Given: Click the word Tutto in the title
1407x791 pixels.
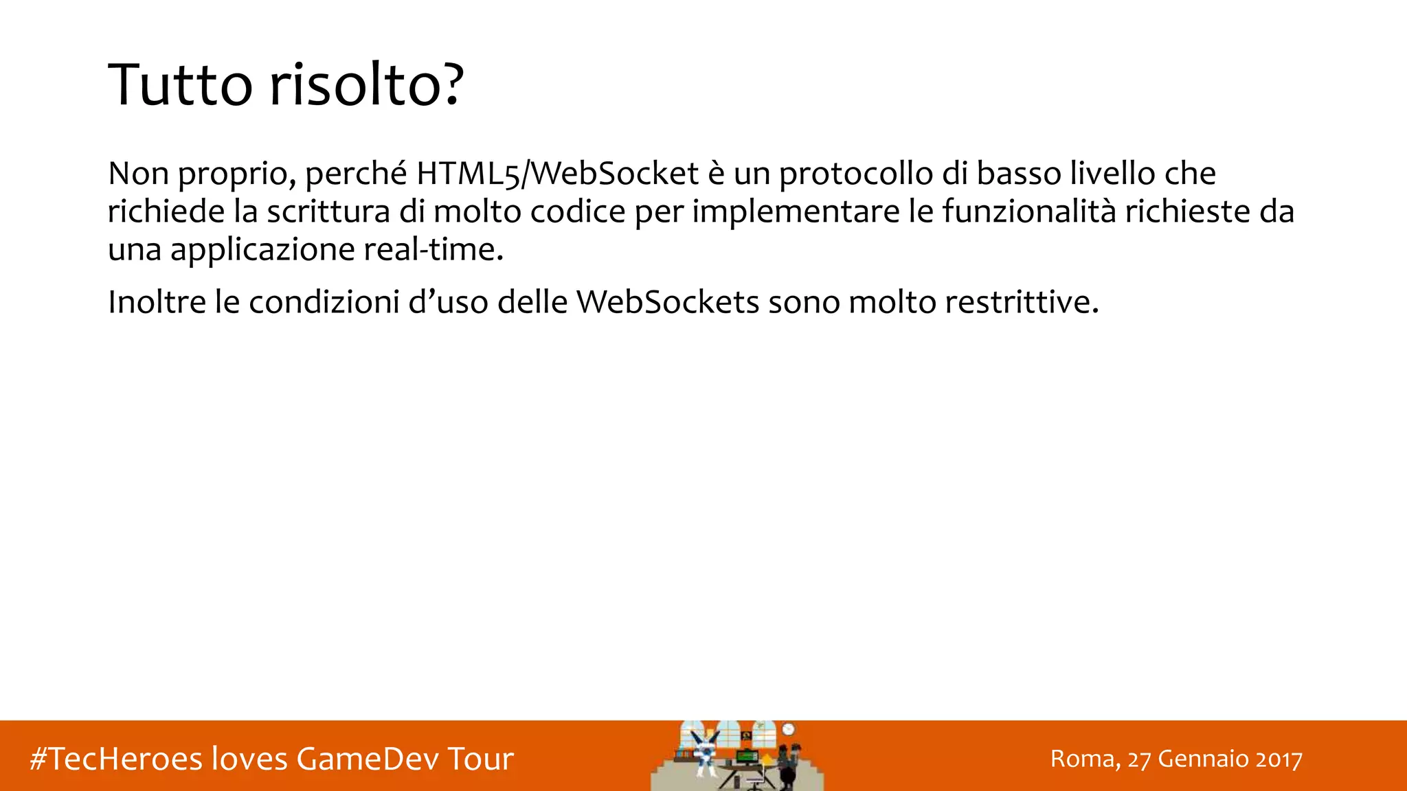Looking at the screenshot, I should point(181,84).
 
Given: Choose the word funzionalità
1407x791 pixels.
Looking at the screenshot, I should point(1029,211).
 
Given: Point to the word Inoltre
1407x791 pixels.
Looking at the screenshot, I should point(157,302).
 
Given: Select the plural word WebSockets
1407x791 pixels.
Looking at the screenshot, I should point(668,302).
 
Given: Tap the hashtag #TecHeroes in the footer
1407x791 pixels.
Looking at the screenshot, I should point(116,759).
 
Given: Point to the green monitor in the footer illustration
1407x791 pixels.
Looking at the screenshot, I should point(747,757).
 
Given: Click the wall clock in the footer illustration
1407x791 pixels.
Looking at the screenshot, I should point(788,729).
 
